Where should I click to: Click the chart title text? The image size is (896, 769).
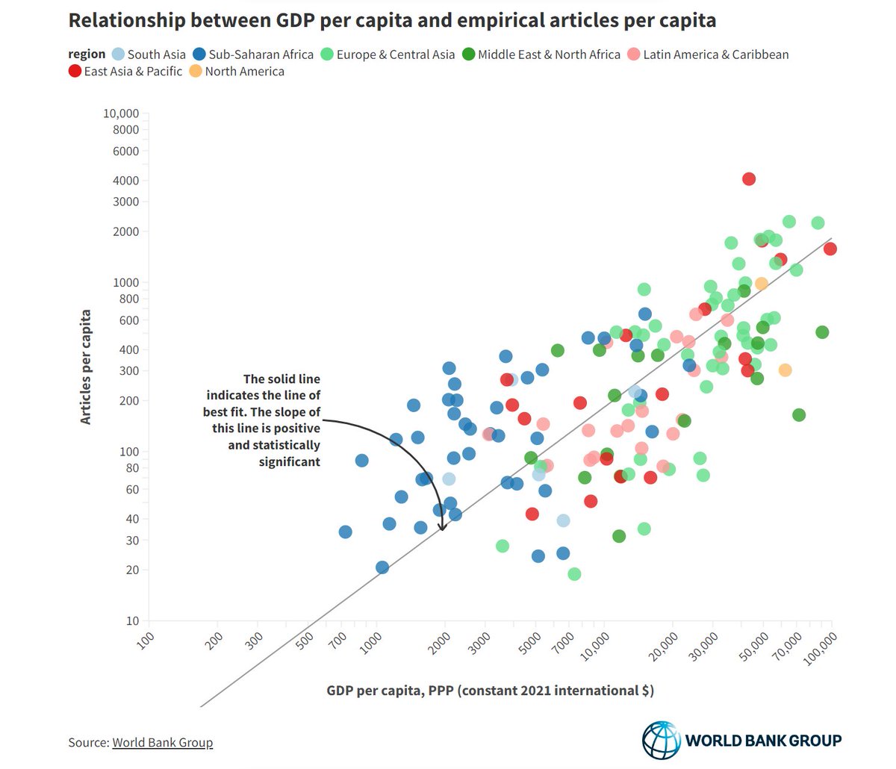pos(392,20)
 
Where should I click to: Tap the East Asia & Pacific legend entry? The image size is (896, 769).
pos(125,72)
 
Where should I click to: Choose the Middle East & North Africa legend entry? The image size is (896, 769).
pos(541,55)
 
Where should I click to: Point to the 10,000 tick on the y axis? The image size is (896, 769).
pos(120,113)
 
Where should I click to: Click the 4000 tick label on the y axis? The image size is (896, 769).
pos(125,181)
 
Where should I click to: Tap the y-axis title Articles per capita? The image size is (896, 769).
pos(86,367)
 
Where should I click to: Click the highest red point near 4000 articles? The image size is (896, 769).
pos(749,179)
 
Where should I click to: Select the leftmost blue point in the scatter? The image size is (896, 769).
pos(345,532)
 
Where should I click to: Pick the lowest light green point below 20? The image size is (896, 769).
pos(574,574)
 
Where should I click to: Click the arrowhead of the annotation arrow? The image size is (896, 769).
pos(442,528)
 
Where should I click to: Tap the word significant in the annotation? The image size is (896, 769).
pos(290,462)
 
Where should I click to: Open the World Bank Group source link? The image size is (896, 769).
pos(162,743)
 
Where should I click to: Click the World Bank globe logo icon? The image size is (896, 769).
pos(662,739)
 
